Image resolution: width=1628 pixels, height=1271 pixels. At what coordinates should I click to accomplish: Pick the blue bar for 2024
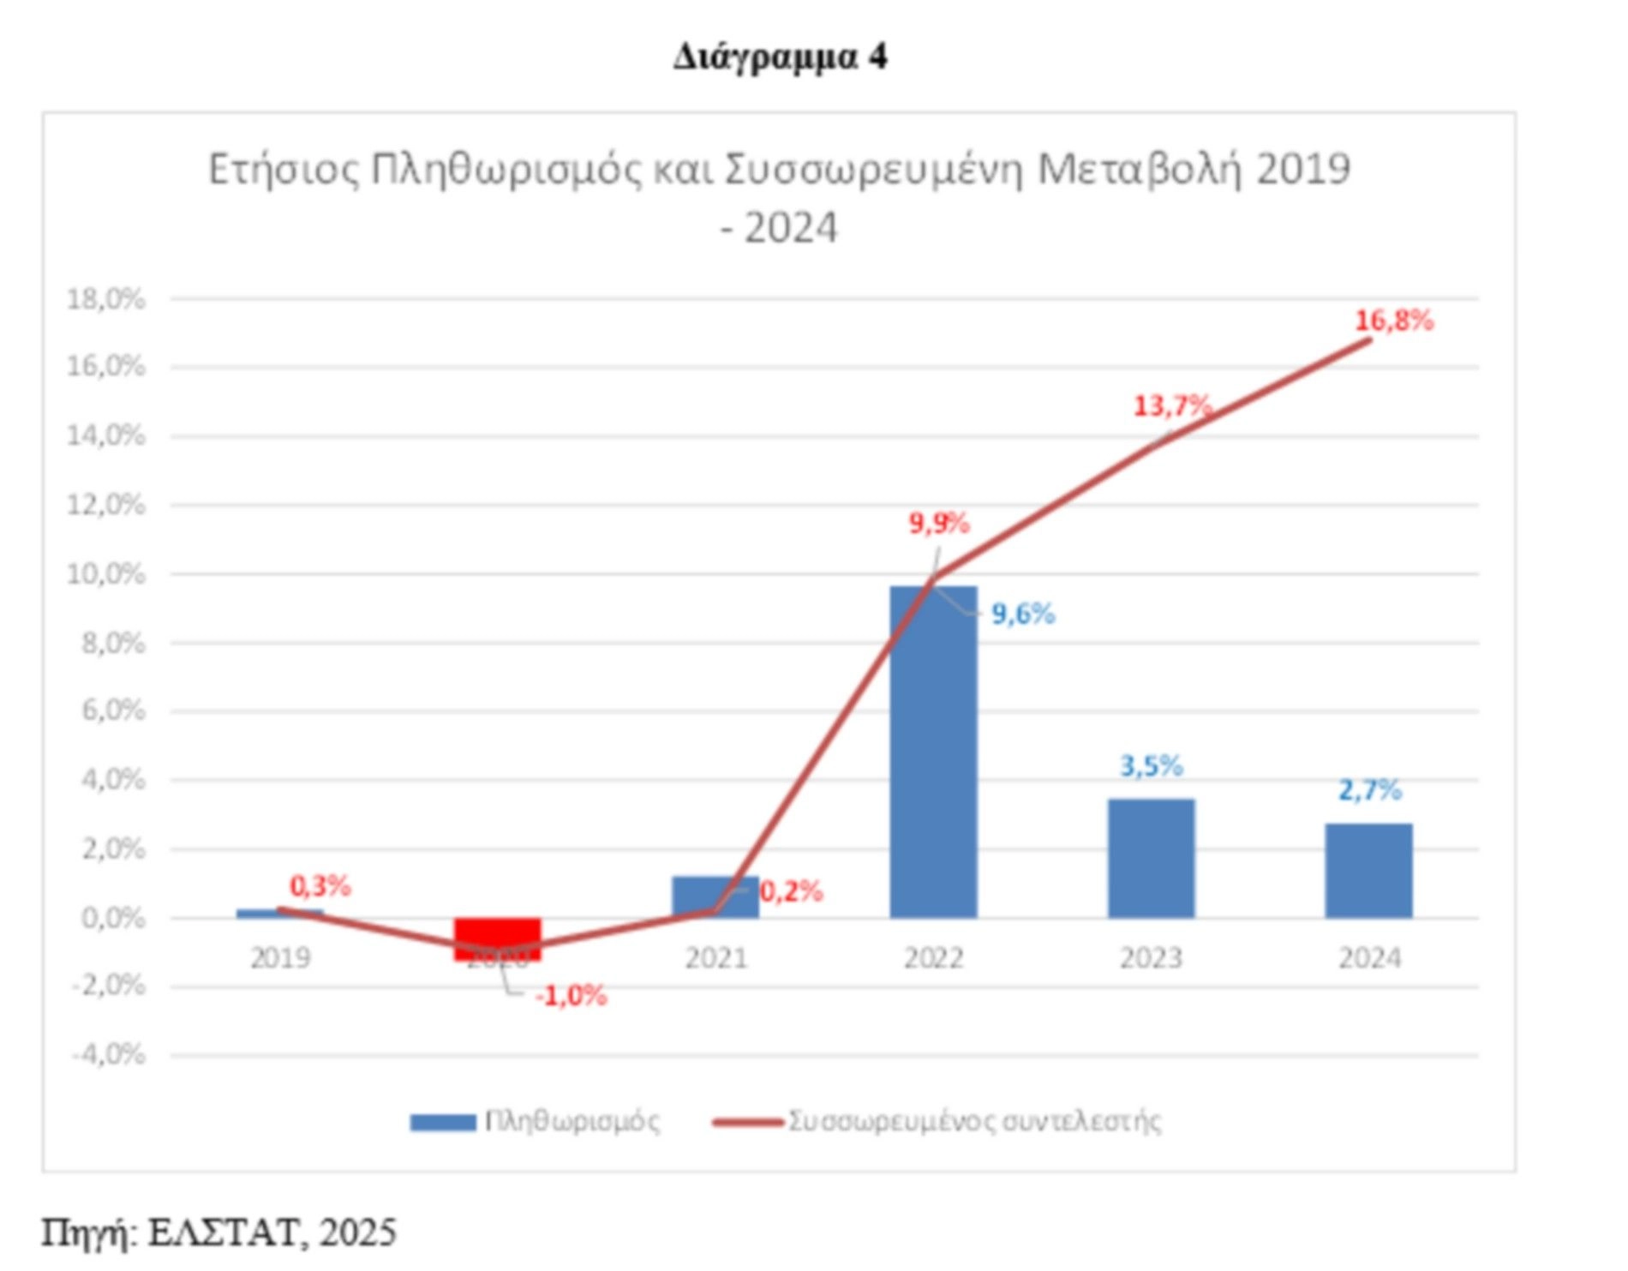1368,871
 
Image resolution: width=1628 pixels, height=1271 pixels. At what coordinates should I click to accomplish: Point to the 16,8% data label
1393,321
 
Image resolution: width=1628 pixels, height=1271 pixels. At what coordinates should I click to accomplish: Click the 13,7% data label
1172,405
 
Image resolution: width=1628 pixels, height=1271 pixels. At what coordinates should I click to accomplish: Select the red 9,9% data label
939,523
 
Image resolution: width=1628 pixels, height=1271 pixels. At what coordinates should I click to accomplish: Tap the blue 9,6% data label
1023,614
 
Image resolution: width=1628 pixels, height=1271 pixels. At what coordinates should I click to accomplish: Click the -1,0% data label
571,996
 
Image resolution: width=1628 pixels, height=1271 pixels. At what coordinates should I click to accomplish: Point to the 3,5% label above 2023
1152,765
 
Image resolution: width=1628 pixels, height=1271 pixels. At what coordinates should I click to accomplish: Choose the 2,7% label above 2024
1369,789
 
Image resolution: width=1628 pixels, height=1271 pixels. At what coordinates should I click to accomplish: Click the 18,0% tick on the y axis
106,299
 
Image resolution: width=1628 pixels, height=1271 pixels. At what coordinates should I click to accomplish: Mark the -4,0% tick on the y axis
108,1054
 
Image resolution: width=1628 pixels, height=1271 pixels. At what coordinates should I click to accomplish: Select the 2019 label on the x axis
280,957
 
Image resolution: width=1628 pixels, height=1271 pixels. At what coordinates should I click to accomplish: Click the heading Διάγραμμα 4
780,57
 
